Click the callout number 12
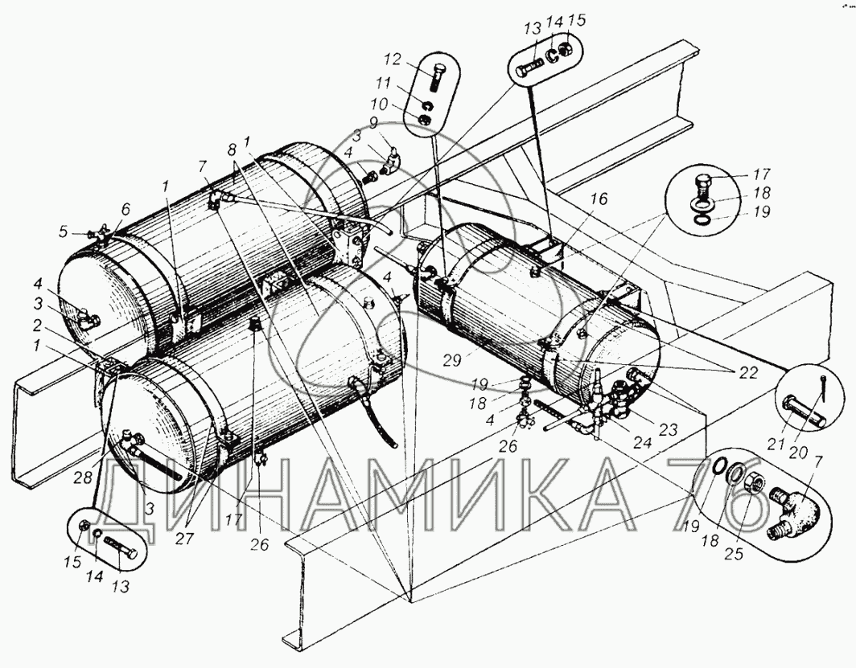407,59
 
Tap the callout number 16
599,199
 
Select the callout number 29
453,359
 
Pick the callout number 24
643,441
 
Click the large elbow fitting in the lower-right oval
796,512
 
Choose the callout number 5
64,232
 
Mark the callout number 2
36,326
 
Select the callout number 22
749,373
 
